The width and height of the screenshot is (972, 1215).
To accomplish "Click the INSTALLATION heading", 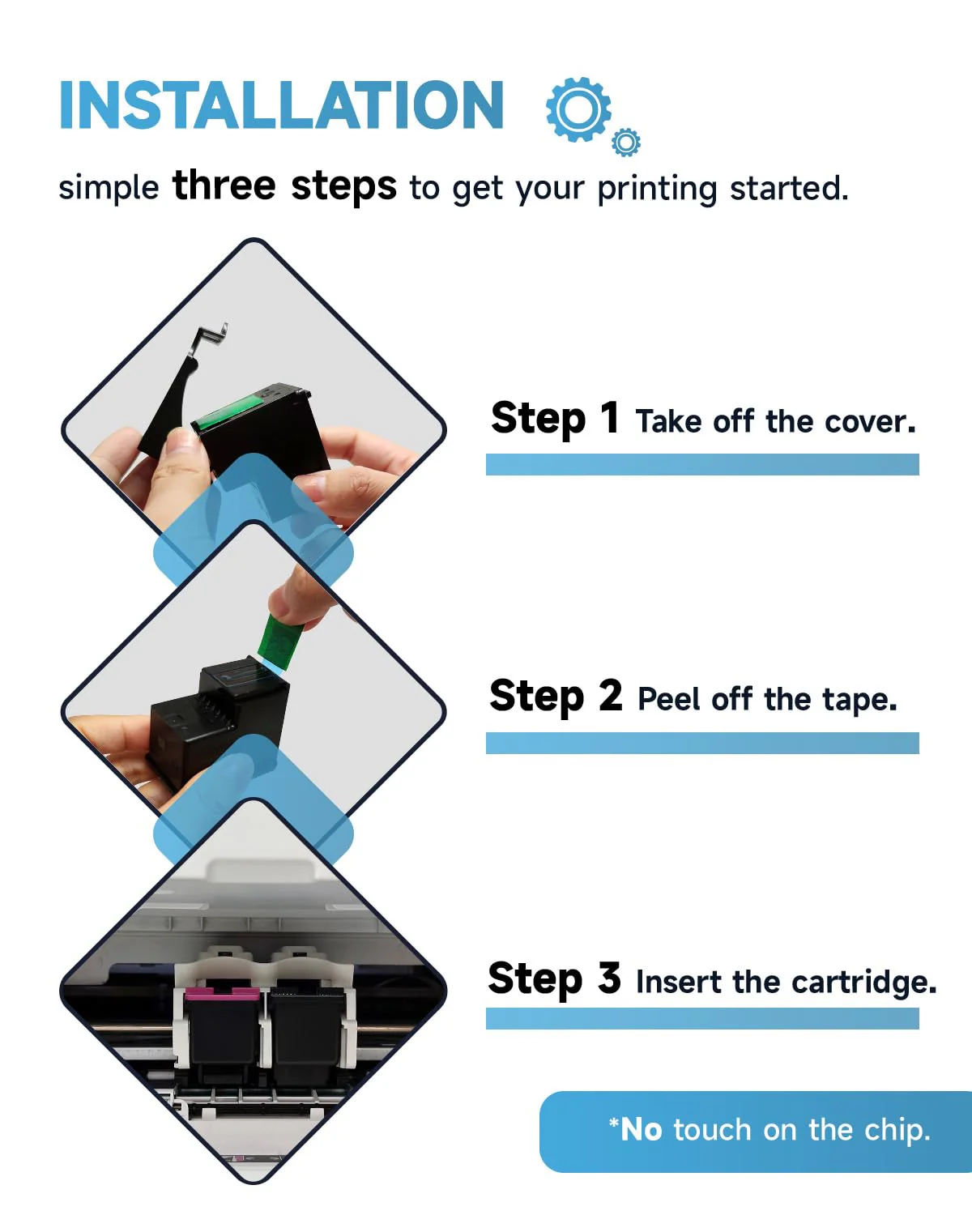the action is tap(281, 105).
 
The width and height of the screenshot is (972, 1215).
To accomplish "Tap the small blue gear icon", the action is tap(626, 143).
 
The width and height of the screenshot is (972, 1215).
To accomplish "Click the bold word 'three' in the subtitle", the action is tap(224, 185).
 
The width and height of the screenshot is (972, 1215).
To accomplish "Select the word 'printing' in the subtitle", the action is tap(657, 190).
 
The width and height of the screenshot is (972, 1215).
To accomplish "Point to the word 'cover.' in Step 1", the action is tap(870, 422).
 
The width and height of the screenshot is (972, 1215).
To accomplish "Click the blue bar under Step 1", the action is tap(702, 465).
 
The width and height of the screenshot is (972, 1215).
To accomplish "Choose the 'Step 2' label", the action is tap(556, 697).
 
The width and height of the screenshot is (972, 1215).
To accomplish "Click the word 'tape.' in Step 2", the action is tap(859, 700).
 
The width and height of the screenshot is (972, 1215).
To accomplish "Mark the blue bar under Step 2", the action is tap(702, 743).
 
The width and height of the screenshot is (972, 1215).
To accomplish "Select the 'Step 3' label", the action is tap(555, 979).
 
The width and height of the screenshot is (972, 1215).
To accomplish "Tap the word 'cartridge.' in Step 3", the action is tap(864, 983).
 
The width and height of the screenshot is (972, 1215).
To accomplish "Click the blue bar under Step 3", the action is tap(702, 1018).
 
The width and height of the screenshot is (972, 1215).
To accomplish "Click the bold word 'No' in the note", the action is tap(641, 1130).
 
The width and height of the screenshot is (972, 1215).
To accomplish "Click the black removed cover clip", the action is tap(178, 390).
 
